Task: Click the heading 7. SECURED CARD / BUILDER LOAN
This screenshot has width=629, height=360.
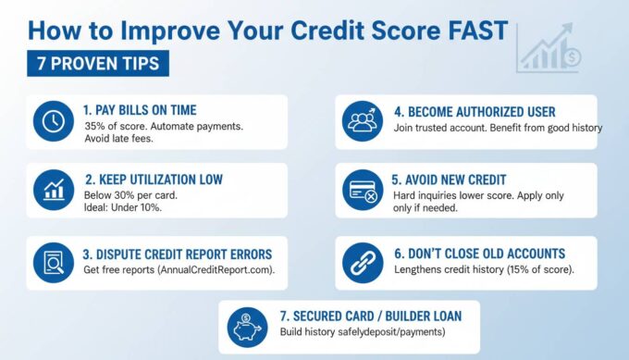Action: coord(370,315)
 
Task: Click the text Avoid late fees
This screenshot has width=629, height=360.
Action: coord(118,140)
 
